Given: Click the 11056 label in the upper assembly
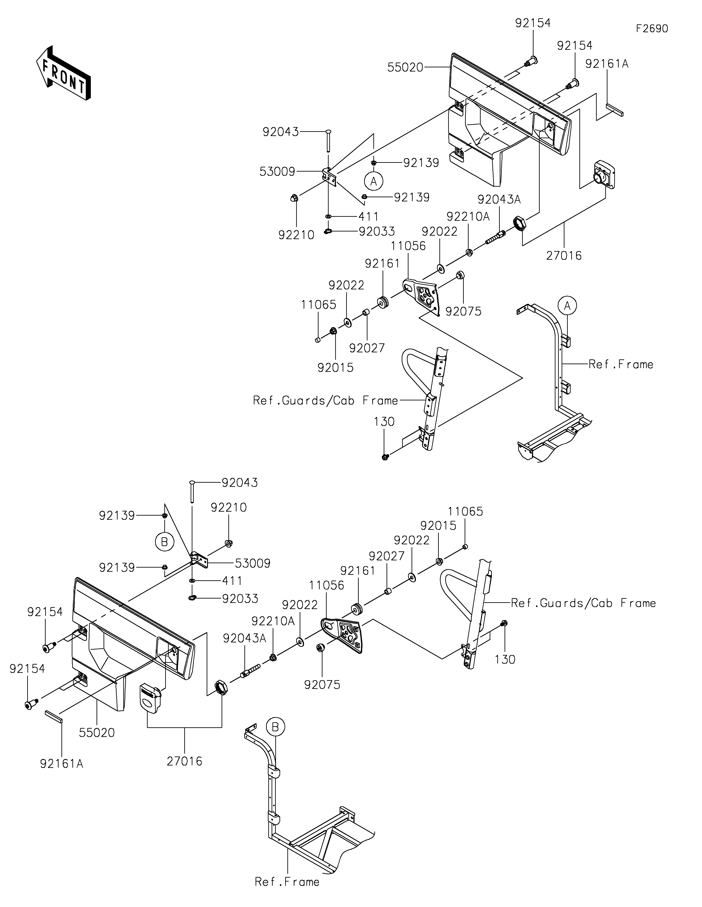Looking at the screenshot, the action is pyautogui.click(x=408, y=246).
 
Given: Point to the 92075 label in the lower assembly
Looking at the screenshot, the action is pyautogui.click(x=322, y=685).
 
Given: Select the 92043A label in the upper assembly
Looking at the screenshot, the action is pyautogui.click(x=499, y=199).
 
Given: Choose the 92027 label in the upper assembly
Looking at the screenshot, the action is pyautogui.click(x=367, y=348).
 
